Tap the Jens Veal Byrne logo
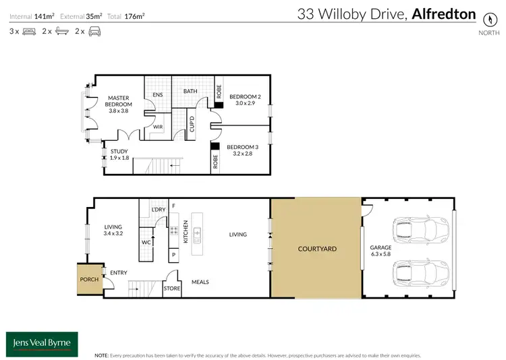tap(42, 342)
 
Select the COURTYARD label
tap(317, 249)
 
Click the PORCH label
tap(88, 278)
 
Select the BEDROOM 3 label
tap(242, 150)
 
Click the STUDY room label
tap(119, 154)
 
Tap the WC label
tap(145, 241)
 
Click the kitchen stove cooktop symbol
tap(173, 231)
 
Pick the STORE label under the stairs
tap(172, 289)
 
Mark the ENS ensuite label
tap(158, 95)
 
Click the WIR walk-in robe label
tap(158, 126)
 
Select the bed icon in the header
tap(30, 32)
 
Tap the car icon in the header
tap(94, 32)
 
